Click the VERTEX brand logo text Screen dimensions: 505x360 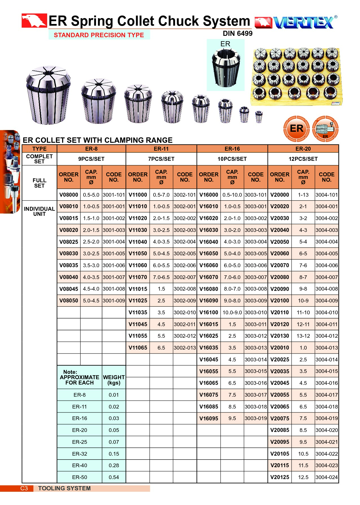pyautogui.click(x=304, y=22)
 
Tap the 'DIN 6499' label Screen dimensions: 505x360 pyautogui.click(x=237, y=34)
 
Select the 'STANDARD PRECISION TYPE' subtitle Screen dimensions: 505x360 pyautogui.click(x=99, y=35)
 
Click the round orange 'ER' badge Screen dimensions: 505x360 pyautogui.click(x=296, y=129)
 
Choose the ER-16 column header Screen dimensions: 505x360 pyautogui.click(x=232, y=149)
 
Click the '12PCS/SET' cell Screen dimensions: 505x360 pyautogui.click(x=303, y=159)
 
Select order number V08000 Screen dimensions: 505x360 pyautogui.click(x=69, y=195)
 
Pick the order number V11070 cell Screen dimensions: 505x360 pyautogui.click(x=138, y=277)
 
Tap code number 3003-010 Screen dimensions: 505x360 pyautogui.click(x=256, y=312)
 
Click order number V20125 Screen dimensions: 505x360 pyautogui.click(x=280, y=477)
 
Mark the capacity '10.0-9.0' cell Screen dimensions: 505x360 pyautogui.click(x=232, y=312)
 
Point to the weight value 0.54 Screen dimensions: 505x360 pyautogui.click(x=114, y=477)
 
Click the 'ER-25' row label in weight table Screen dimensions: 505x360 pyautogui.click(x=80, y=442)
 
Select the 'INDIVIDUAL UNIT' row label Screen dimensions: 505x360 pyautogui.click(x=39, y=211)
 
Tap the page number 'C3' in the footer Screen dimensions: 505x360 pyautogui.click(x=24, y=488)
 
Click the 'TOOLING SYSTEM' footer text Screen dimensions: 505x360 pyautogui.click(x=64, y=488)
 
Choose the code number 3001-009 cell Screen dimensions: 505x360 pyautogui.click(x=114, y=300)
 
